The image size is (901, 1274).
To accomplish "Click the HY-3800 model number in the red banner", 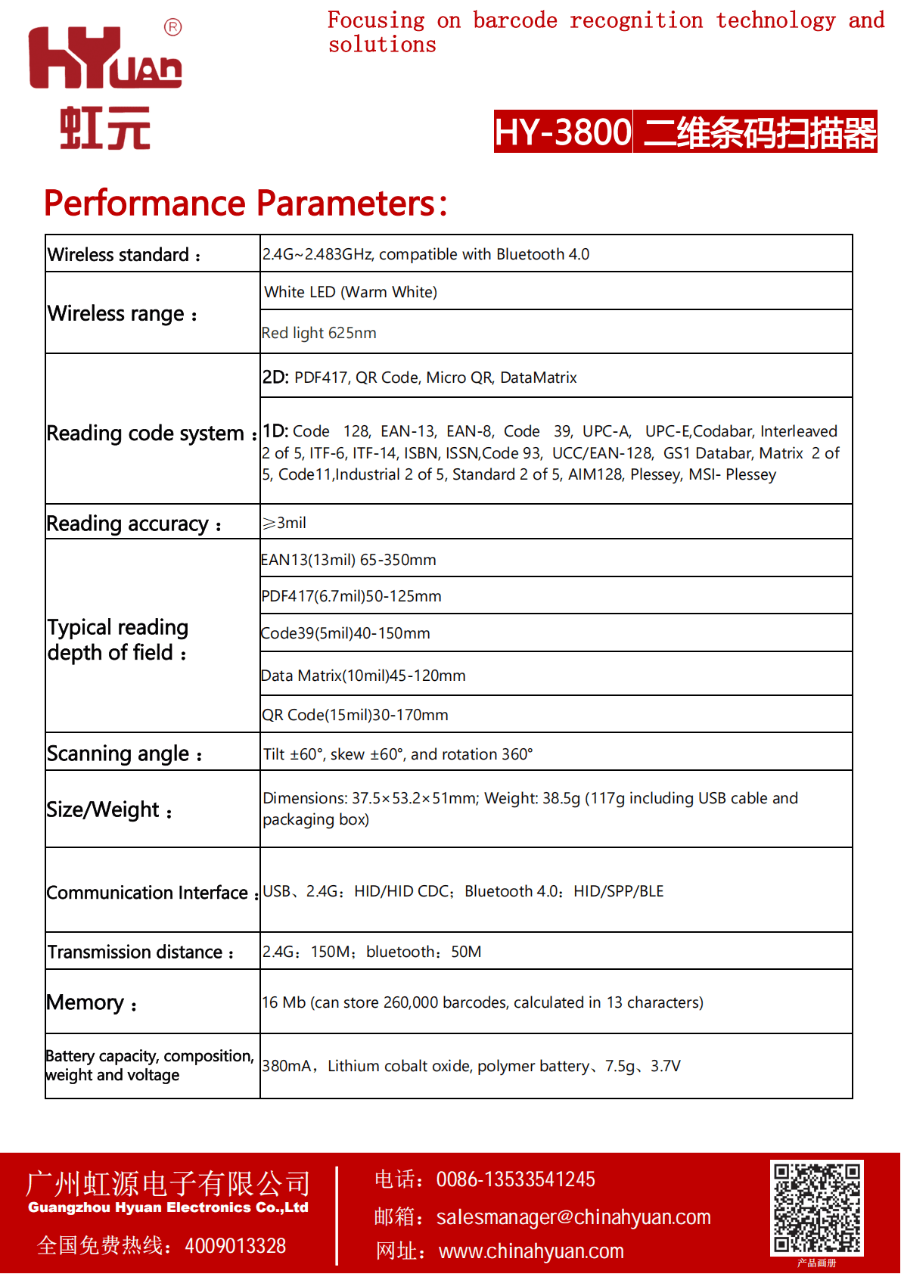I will (x=563, y=132).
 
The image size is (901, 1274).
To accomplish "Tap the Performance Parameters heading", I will (x=245, y=204).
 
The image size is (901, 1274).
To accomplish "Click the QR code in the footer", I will (x=817, y=1207).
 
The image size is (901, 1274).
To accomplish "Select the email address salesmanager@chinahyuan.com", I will (x=573, y=1217).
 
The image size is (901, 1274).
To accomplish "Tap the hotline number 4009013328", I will (x=235, y=1246).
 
